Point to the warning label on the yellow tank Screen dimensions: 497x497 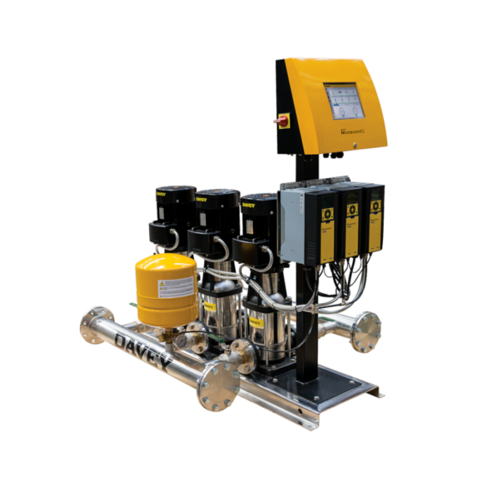(x=177, y=288)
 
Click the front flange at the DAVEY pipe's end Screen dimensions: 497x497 (x=217, y=386)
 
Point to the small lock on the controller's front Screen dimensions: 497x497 (x=355, y=147)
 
